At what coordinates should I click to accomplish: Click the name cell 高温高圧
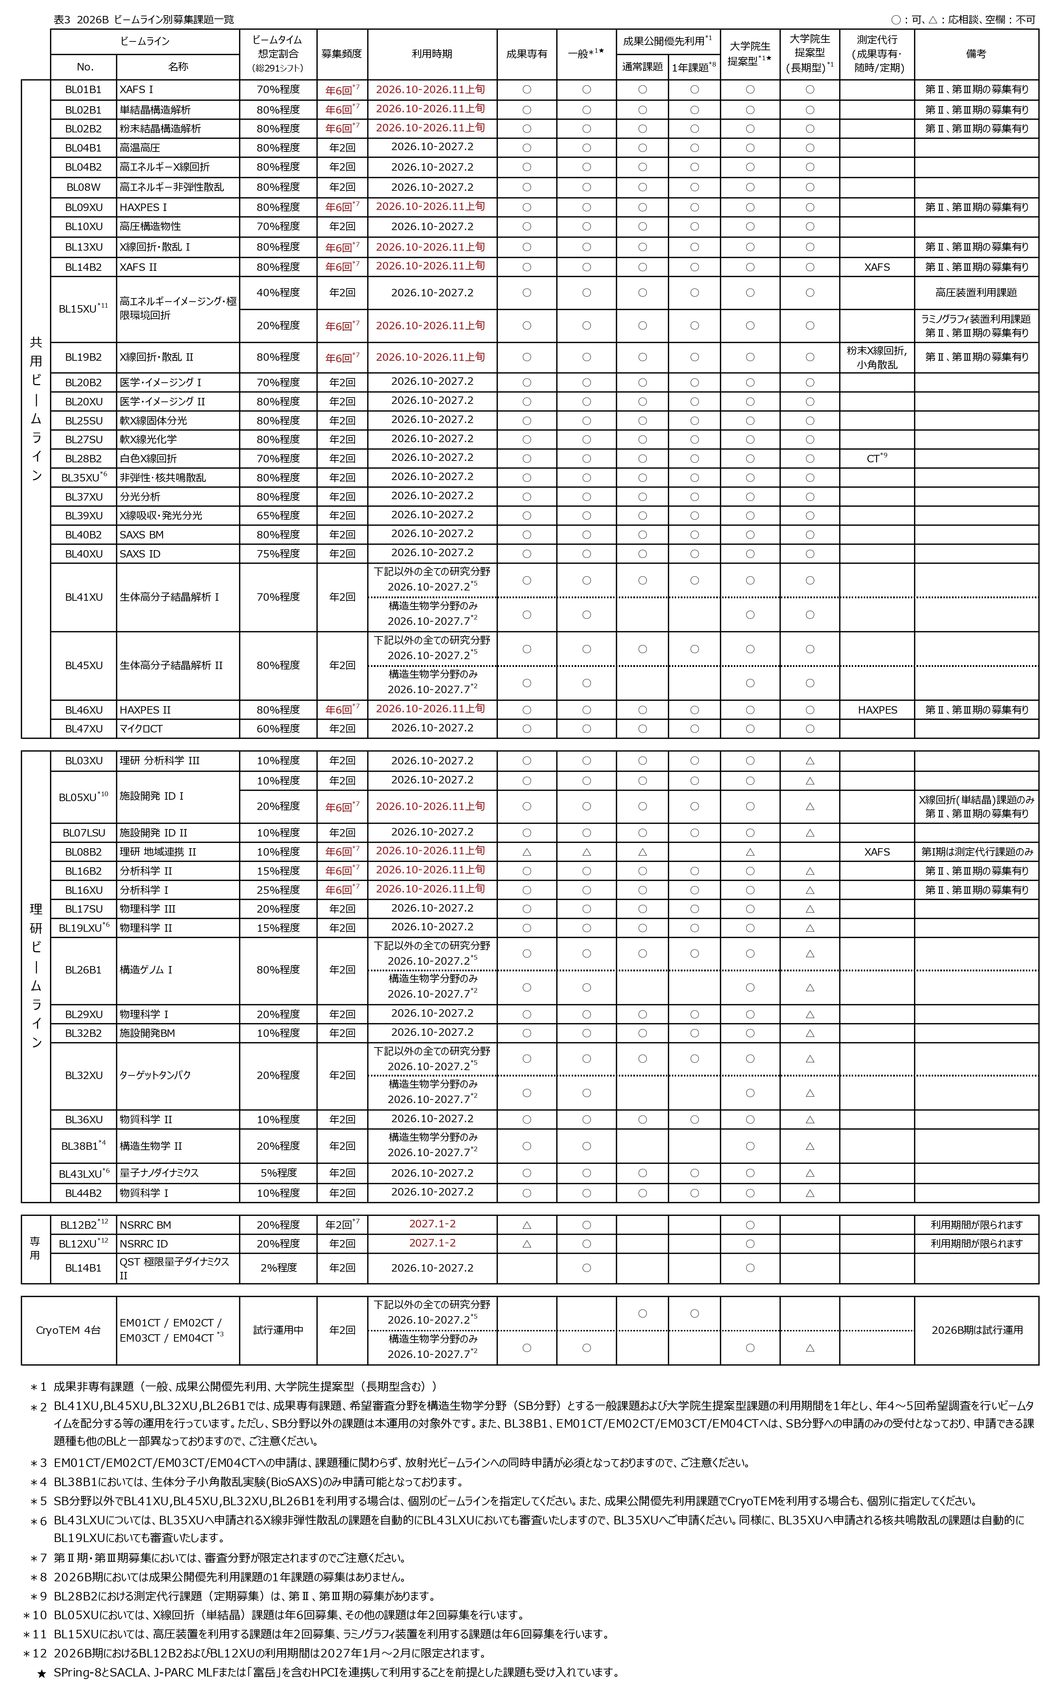[x=140, y=148]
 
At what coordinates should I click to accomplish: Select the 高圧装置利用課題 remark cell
[x=976, y=293]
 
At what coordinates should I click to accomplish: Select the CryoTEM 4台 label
[x=68, y=1330]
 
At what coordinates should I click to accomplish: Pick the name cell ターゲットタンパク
[x=155, y=1075]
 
